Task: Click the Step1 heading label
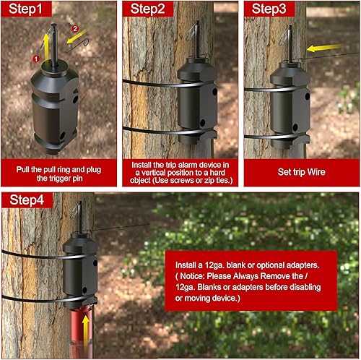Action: point(25,9)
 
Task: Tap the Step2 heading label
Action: point(147,9)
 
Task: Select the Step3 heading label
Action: point(269,9)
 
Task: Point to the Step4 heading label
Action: point(27,200)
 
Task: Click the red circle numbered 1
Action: point(36,59)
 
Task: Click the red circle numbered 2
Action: point(75,29)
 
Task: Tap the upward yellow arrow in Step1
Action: point(45,46)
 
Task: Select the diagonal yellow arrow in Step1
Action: point(77,36)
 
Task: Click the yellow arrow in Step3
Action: point(324,48)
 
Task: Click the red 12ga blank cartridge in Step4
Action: point(81,333)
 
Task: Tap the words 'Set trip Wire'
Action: point(301,172)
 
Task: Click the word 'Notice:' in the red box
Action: point(192,276)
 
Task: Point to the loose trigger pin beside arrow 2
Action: point(78,46)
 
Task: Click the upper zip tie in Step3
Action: point(274,90)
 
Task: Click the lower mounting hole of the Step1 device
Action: point(62,135)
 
